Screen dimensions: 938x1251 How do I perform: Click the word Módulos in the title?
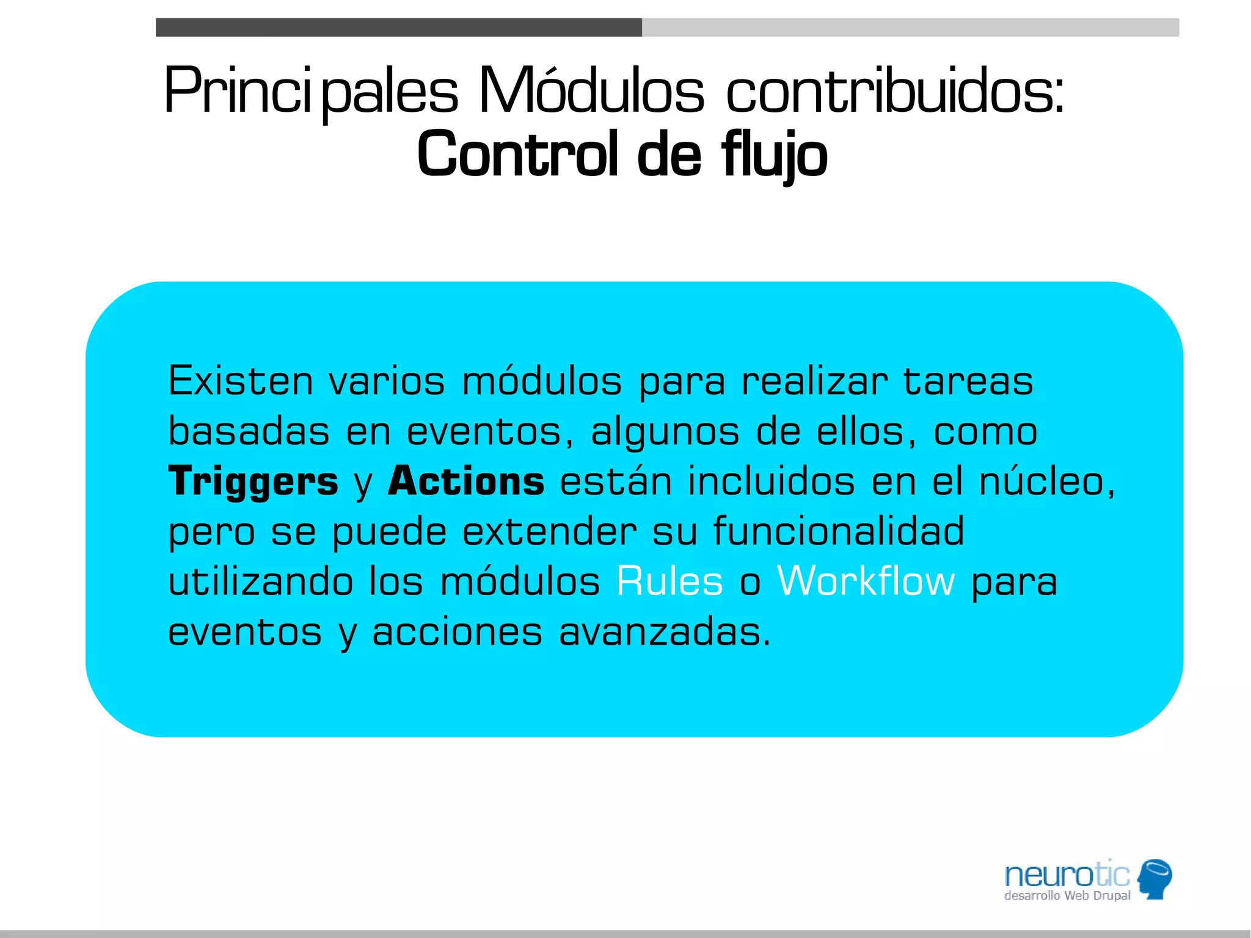click(591, 92)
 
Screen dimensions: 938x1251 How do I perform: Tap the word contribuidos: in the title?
click(895, 92)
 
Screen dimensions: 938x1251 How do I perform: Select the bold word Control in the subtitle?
click(517, 154)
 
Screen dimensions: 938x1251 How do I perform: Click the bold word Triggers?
click(253, 482)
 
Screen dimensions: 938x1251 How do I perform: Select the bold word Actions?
click(466, 481)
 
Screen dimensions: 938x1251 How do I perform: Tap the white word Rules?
click(669, 581)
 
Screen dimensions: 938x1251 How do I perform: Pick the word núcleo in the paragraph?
click(1046, 482)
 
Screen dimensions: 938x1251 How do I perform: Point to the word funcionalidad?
click(839, 531)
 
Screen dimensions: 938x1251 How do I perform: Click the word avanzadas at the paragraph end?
click(664, 632)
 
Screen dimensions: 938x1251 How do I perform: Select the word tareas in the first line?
click(968, 381)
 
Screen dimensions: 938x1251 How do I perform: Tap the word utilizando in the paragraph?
click(261, 581)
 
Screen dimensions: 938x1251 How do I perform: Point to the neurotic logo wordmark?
click(1067, 875)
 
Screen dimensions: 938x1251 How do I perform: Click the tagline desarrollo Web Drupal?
click(1067, 896)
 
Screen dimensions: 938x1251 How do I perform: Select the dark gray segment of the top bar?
click(398, 27)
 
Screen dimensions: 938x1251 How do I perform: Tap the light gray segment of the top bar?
click(910, 27)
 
